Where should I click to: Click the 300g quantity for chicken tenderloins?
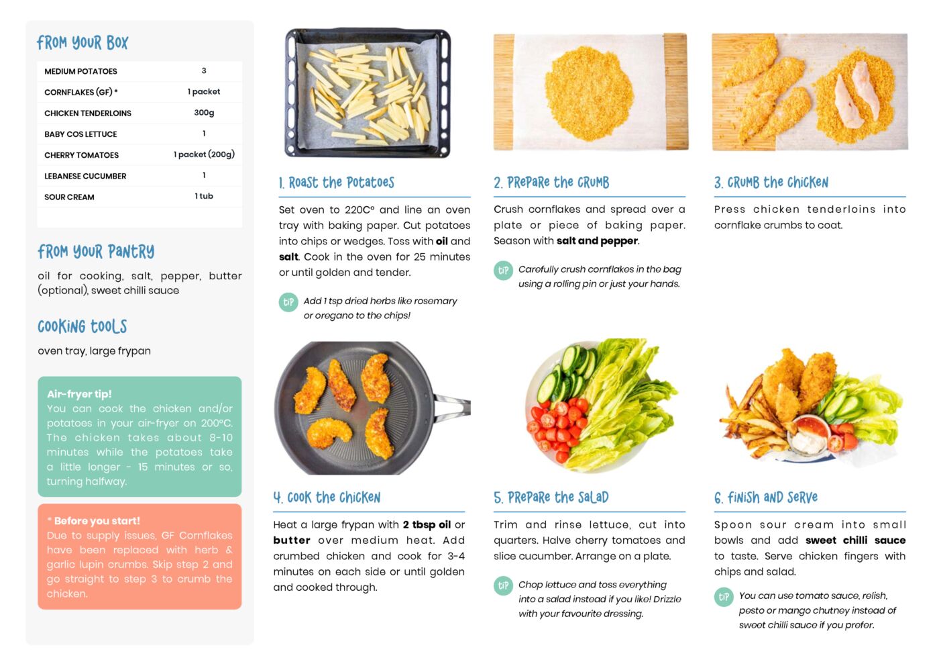coord(204,113)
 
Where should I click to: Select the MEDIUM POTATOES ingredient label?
coord(80,71)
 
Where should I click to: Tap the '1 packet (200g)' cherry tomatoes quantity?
coord(204,154)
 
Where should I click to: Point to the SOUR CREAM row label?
coord(69,197)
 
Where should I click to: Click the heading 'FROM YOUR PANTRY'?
coord(96,252)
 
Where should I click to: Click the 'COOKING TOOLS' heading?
coord(82,326)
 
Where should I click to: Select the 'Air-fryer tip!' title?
coord(79,394)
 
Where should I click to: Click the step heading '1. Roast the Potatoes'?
coord(337,183)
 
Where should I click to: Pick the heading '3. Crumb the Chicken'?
coord(771,183)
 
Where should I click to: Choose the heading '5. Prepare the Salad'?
coord(551,497)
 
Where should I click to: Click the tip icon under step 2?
coord(503,271)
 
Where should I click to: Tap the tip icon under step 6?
coord(724,597)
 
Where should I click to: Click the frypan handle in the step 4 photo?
coord(453,407)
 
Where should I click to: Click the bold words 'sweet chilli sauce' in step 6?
coord(855,540)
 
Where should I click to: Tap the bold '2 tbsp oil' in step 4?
coord(427,525)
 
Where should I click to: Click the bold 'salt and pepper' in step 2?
coord(597,241)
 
